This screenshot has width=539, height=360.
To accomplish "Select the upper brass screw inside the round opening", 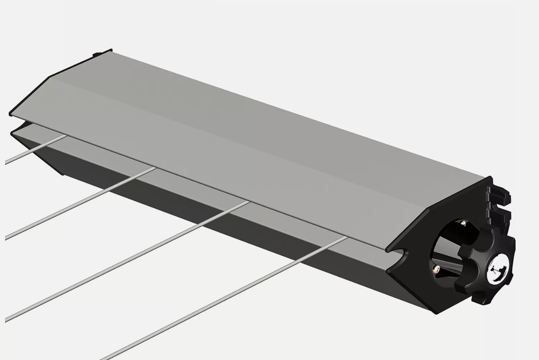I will click(463, 224).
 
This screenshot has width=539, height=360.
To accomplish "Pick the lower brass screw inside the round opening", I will click(436, 268).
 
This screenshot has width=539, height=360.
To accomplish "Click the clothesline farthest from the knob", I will click(33, 151).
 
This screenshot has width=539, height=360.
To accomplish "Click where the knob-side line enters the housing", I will click(346, 238).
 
